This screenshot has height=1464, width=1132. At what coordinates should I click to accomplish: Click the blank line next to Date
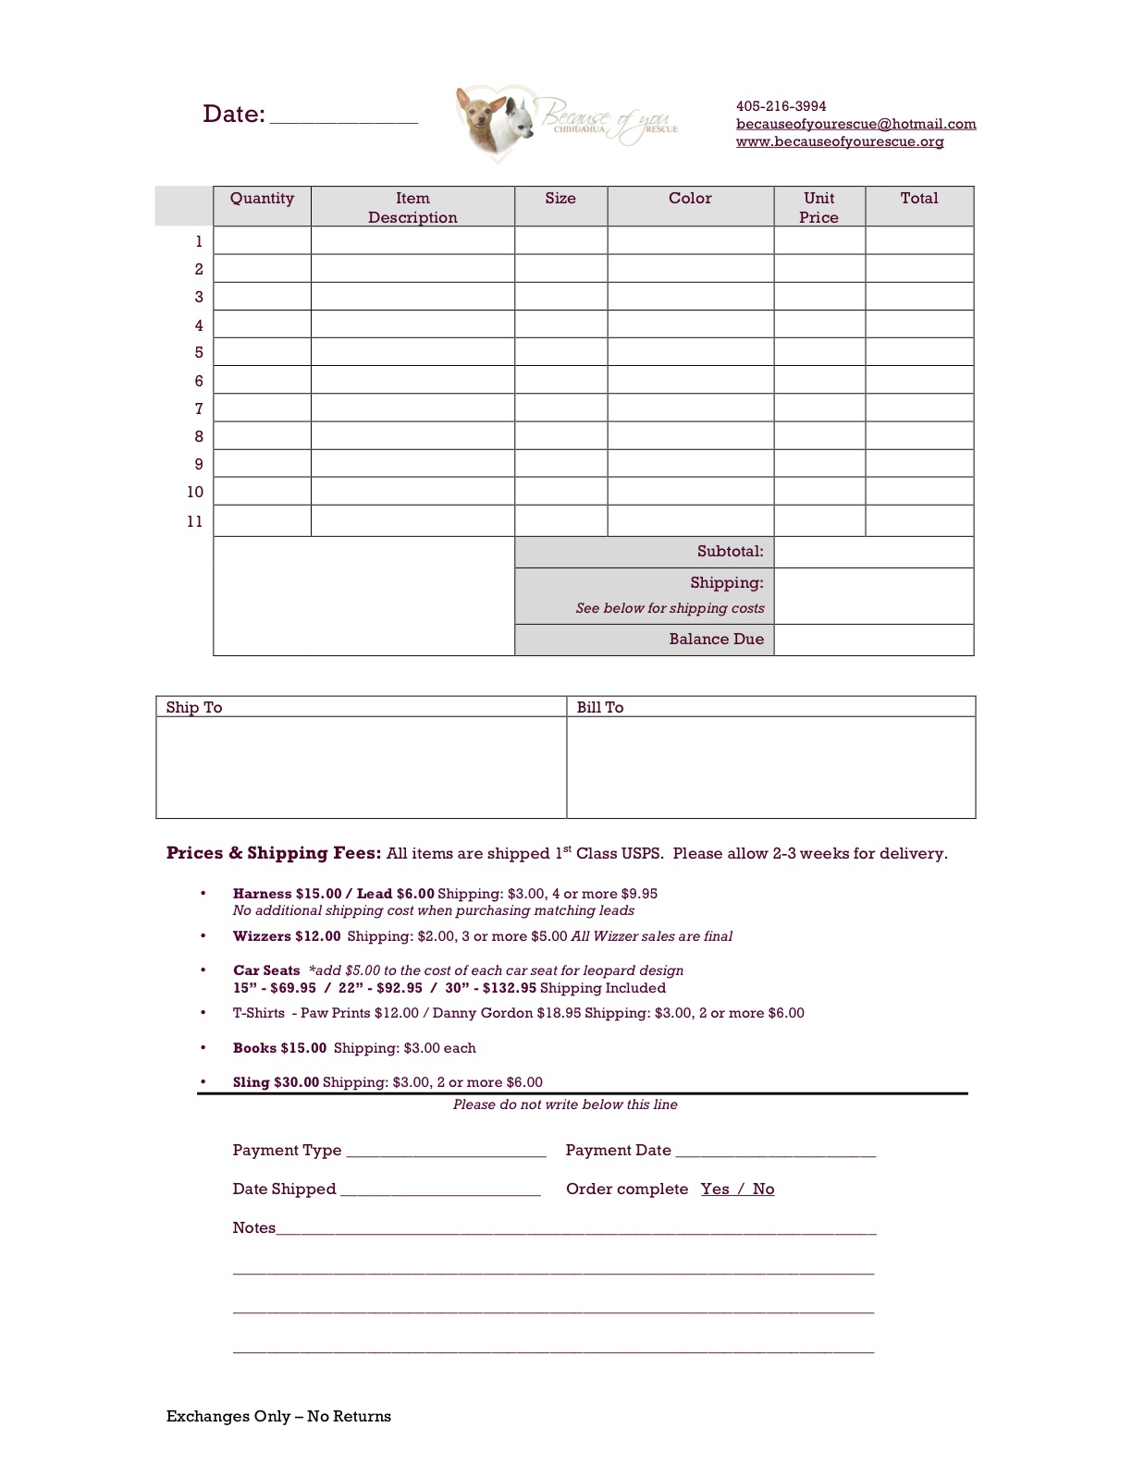click(343, 117)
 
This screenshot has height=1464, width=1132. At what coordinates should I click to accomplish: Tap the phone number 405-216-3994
click(781, 106)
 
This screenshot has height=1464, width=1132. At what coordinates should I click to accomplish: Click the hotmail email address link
click(855, 124)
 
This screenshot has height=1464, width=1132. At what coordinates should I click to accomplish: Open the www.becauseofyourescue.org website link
click(839, 141)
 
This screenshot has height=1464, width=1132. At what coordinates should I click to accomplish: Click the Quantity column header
click(262, 199)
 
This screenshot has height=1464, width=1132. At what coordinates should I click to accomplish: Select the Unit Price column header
click(818, 207)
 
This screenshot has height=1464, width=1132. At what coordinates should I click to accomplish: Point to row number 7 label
click(199, 409)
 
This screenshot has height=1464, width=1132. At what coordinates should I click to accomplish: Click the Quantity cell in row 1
click(262, 241)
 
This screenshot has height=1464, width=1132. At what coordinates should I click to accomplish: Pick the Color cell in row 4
click(690, 324)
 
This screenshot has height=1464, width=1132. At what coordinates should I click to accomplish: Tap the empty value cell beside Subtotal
click(873, 552)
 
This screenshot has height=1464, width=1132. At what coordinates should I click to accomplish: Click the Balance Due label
click(716, 640)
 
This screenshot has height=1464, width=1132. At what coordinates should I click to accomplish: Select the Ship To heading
click(194, 707)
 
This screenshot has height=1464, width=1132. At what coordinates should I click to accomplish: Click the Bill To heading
click(600, 707)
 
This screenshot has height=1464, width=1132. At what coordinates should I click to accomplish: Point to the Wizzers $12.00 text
click(287, 936)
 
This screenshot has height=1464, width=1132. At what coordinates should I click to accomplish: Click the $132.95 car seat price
click(509, 988)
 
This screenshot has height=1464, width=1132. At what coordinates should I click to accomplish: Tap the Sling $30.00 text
click(276, 1082)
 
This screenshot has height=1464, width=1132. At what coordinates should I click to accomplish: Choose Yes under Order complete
click(715, 1189)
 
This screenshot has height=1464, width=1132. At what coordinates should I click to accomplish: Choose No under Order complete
click(763, 1189)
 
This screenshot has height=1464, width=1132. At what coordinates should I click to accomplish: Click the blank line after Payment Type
click(445, 1152)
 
